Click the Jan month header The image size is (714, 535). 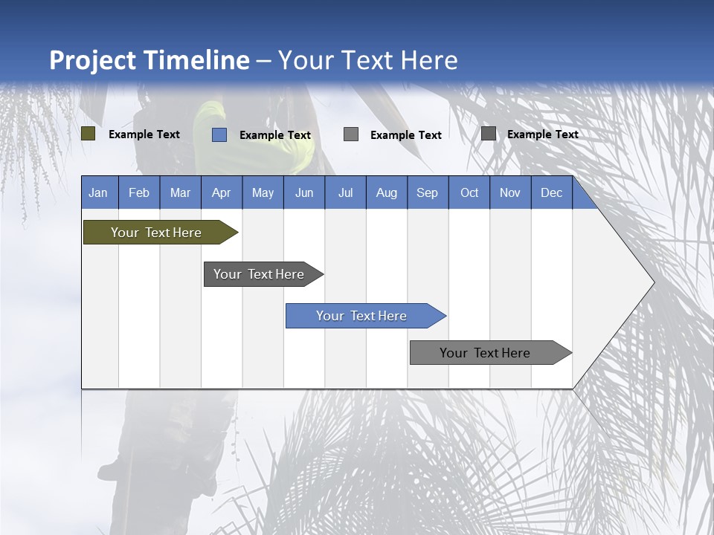98,192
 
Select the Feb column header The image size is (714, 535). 139,192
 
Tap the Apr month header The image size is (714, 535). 221,192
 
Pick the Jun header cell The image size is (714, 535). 303,192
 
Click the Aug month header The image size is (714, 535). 386,192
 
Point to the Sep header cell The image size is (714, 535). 427,192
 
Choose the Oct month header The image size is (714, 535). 469,192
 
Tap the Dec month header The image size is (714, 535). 551,192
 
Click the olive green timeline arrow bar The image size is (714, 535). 156,233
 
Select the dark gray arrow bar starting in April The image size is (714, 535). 259,274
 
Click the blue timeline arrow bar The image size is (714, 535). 361,316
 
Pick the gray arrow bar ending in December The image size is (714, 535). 485,353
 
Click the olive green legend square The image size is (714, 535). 89,134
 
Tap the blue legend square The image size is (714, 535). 219,134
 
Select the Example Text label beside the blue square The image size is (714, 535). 274,135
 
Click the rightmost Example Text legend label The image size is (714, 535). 542,134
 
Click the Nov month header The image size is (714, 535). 509,192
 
